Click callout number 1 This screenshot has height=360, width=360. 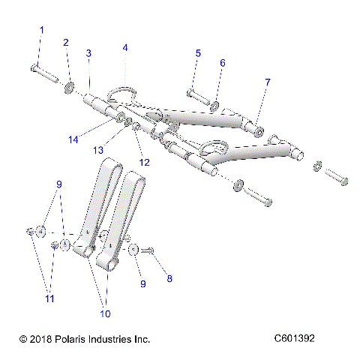click(41, 30)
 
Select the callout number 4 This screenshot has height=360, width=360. click(125, 47)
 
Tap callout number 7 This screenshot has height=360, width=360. click(268, 81)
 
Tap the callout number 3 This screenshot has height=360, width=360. click(88, 53)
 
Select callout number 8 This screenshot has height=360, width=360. click(169, 278)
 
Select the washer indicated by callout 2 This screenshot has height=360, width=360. click(69, 88)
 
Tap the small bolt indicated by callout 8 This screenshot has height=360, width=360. click(147, 251)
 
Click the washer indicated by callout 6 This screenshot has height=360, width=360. click(215, 105)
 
